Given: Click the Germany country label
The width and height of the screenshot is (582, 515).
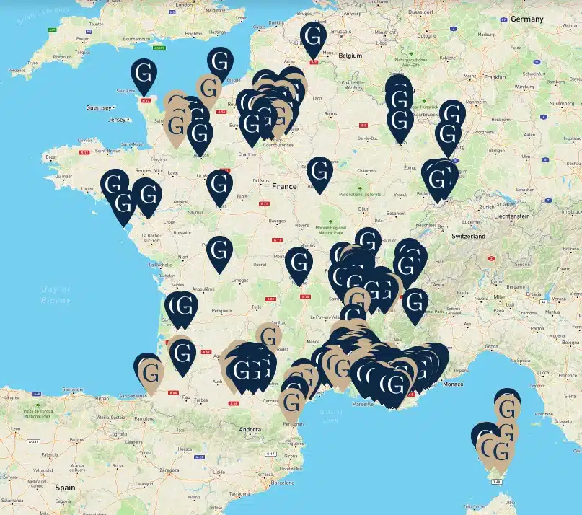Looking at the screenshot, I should coord(526,19).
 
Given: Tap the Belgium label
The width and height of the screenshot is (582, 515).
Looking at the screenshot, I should coord(350,55).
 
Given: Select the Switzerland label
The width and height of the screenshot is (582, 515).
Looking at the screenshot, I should coord(469,236).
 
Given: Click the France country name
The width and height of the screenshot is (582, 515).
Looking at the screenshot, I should coord(284,186).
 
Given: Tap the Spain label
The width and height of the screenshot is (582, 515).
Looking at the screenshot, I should coord(64,488).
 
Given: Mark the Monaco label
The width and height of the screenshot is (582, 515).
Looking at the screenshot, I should coord(453,384).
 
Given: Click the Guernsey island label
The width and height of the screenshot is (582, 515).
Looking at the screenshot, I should coord(99,107).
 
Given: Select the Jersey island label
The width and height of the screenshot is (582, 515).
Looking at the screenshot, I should coord(117,119).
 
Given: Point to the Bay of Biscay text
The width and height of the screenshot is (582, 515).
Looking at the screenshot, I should coord(55,294).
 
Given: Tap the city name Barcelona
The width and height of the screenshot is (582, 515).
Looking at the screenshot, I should coord(283,483).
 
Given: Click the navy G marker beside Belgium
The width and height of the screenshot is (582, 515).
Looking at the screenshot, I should coord(313,38).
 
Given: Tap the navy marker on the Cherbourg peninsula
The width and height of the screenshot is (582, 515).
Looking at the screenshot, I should coord(144,75).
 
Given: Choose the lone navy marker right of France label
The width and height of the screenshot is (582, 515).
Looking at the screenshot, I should coord(319,173).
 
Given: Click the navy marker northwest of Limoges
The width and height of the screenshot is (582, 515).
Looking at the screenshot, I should coord(220,252).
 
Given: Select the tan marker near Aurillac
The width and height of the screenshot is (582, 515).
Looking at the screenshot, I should coord(269,338).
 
